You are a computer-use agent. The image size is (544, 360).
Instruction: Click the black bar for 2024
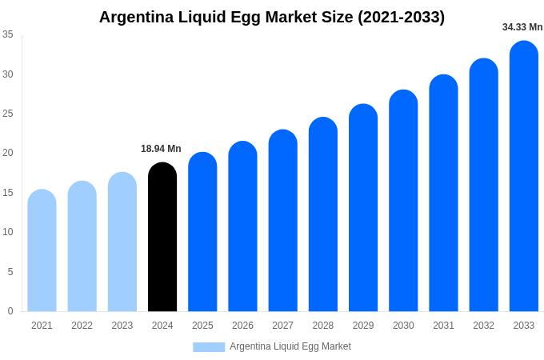pyautogui.click(x=162, y=238)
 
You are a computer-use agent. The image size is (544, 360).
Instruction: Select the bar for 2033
pyautogui.click(x=524, y=177)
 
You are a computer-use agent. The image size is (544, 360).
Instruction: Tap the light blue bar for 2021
pyautogui.click(x=42, y=251)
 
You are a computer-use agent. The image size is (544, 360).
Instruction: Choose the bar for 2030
pyautogui.click(x=403, y=201)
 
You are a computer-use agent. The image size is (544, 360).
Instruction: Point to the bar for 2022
pyautogui.click(x=82, y=246)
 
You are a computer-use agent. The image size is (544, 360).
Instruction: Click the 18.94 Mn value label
pyautogui.click(x=161, y=149)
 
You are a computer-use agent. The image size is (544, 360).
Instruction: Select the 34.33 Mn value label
pyautogui.click(x=522, y=27)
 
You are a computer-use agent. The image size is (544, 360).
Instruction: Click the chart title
pyautogui.click(x=272, y=17)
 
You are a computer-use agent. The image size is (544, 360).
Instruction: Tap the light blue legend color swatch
pyautogui.click(x=209, y=346)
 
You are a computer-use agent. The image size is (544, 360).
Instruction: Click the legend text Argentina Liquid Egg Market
pyautogui.click(x=290, y=346)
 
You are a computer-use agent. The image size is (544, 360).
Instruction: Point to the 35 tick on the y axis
pyautogui.click(x=8, y=34)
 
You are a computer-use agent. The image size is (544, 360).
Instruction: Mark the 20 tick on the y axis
pyautogui.click(x=8, y=153)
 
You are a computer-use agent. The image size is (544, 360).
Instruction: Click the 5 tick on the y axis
pyautogui.click(x=10, y=272)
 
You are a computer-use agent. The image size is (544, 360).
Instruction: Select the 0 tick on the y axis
pyautogui.click(x=10, y=311)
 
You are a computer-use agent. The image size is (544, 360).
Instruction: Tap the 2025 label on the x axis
pyautogui.click(x=202, y=326)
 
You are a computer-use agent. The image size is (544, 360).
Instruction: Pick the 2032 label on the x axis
pyautogui.click(x=483, y=326)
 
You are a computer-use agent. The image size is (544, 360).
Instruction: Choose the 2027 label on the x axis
pyautogui.click(x=282, y=326)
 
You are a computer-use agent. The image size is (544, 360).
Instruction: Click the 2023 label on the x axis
pyautogui.click(x=122, y=326)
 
